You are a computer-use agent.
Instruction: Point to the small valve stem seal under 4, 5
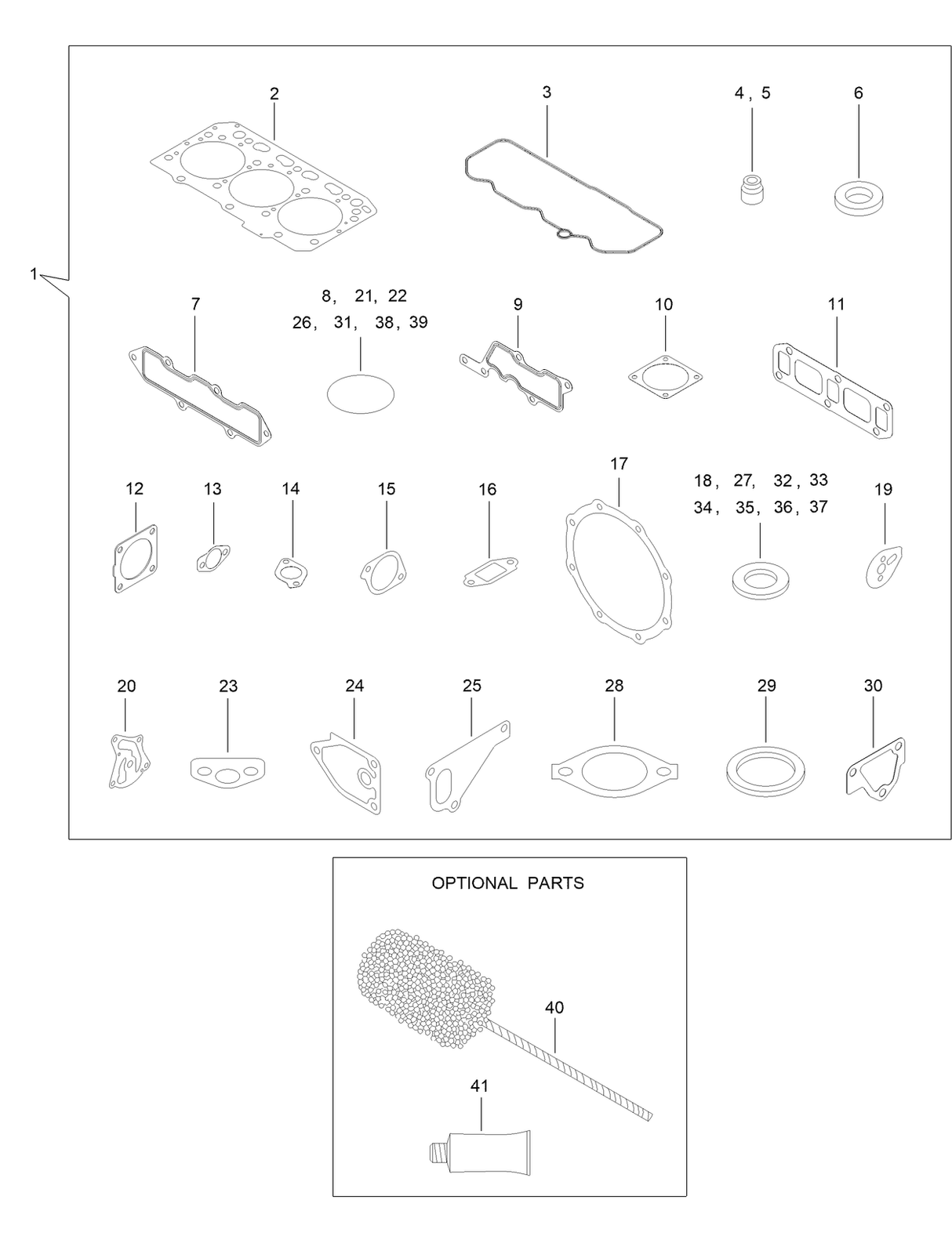pos(752,189)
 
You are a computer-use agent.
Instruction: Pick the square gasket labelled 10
pos(665,377)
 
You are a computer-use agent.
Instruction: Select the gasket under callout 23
pos(227,770)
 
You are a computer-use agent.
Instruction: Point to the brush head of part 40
pos(425,988)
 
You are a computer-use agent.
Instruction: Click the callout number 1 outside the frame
pos(34,274)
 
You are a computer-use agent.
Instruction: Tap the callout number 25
pos(471,686)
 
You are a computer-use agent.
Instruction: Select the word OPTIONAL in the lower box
pos(474,883)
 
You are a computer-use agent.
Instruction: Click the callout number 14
pos(291,489)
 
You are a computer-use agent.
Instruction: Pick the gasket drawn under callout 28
pos(614,770)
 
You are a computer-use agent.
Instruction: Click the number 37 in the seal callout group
pos(818,507)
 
